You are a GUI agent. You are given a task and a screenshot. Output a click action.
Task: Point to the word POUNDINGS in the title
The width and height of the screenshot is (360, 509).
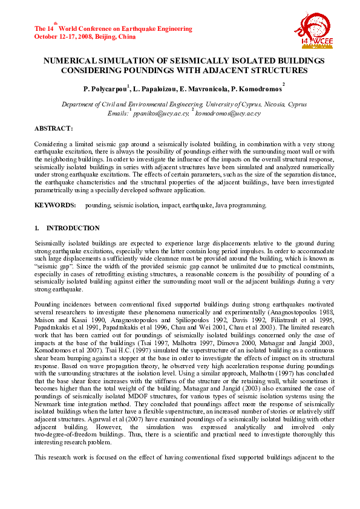[x=158, y=70]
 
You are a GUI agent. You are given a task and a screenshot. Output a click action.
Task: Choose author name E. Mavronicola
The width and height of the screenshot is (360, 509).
[x=195, y=89]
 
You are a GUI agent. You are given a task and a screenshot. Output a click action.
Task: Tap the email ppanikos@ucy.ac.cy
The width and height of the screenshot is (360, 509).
[x=159, y=113]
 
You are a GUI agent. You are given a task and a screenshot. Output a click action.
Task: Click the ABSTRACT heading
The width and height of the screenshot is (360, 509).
[x=54, y=129]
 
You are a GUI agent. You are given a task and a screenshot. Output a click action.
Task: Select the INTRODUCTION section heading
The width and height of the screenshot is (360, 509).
[x=73, y=229]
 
